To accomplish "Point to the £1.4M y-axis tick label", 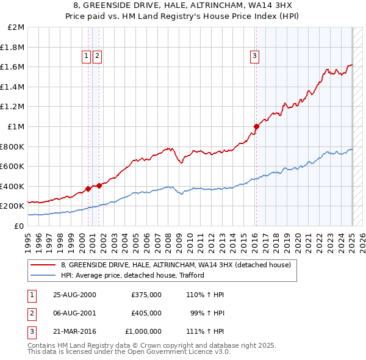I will click(x=13, y=87).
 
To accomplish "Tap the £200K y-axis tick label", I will click(x=12, y=206).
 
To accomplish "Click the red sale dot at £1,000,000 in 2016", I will click(x=256, y=126).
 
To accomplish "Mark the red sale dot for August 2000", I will click(x=88, y=189).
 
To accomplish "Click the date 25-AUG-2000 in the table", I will click(x=74, y=295).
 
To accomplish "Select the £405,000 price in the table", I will click(x=146, y=313).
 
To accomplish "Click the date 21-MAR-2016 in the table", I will click(x=74, y=331).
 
